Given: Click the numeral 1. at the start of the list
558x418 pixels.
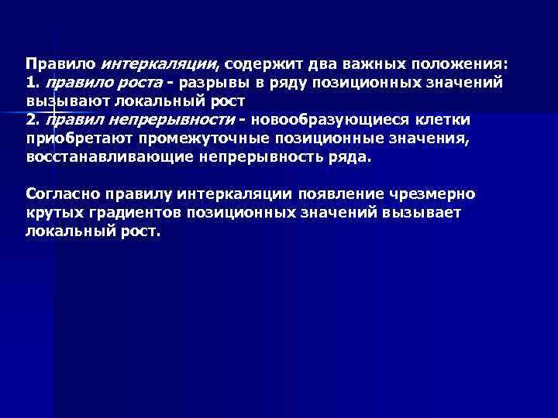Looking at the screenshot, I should [32, 81].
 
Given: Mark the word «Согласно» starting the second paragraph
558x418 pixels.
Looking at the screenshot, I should [60, 194].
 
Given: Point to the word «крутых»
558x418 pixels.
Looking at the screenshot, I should [50, 212].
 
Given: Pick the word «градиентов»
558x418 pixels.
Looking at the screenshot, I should [124, 212].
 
